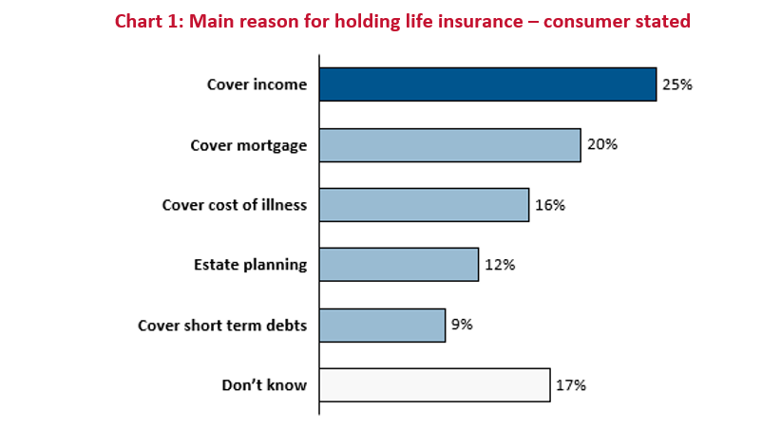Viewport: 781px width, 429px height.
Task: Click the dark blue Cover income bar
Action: [488, 84]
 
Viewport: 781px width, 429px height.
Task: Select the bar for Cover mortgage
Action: [450, 145]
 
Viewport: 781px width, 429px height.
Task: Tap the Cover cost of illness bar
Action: [425, 205]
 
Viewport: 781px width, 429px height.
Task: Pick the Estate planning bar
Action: [399, 265]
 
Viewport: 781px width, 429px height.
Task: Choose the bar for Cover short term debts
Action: [383, 326]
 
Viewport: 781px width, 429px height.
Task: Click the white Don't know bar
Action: [435, 385]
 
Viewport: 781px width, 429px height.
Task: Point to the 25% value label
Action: [677, 84]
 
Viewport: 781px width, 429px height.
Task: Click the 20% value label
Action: [602, 144]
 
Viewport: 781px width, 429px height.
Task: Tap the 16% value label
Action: [550, 205]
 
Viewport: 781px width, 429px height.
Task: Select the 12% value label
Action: [500, 265]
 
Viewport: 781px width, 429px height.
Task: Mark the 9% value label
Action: [462, 325]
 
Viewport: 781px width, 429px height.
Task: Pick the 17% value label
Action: [571, 385]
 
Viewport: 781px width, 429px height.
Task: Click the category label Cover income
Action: [257, 84]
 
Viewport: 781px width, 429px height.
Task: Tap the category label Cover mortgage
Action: [249, 145]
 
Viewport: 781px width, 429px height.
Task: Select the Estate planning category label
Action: [251, 265]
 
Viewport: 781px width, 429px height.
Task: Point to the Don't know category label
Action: [264, 385]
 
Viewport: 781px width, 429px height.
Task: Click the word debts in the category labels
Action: [286, 326]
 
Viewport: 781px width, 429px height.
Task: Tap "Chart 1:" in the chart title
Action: [149, 22]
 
